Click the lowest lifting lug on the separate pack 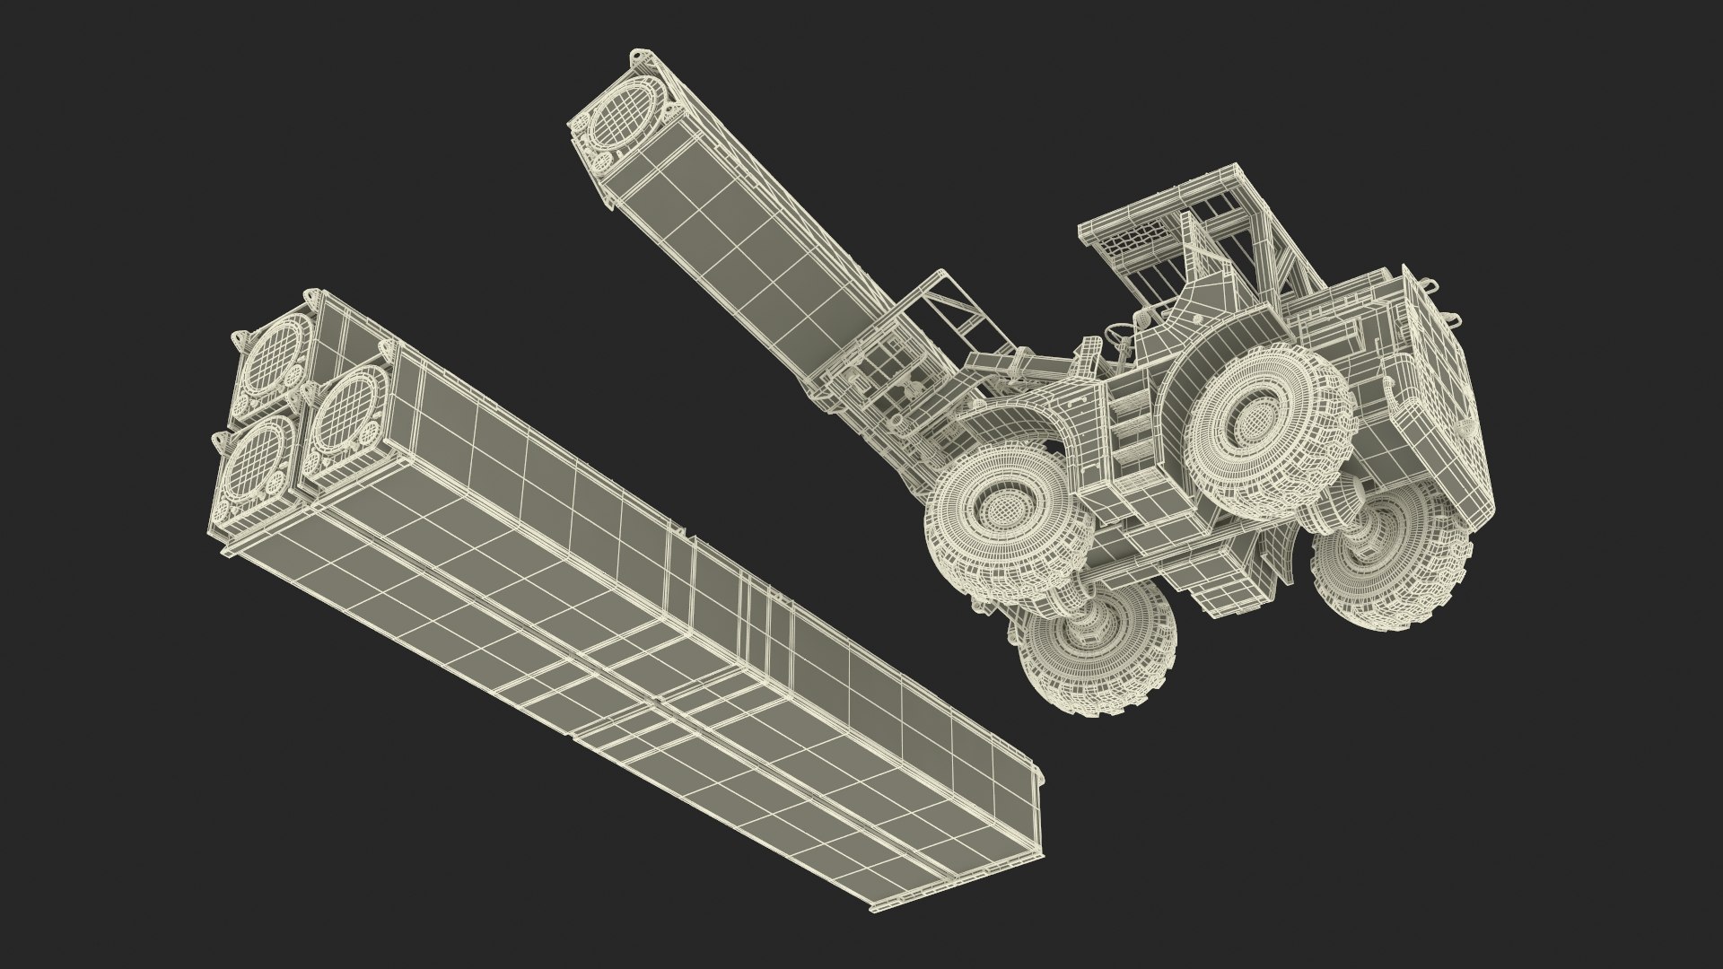point(217,439)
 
